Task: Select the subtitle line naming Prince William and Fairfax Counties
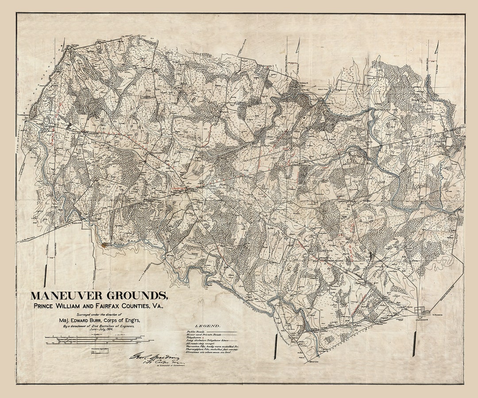[100, 306]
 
